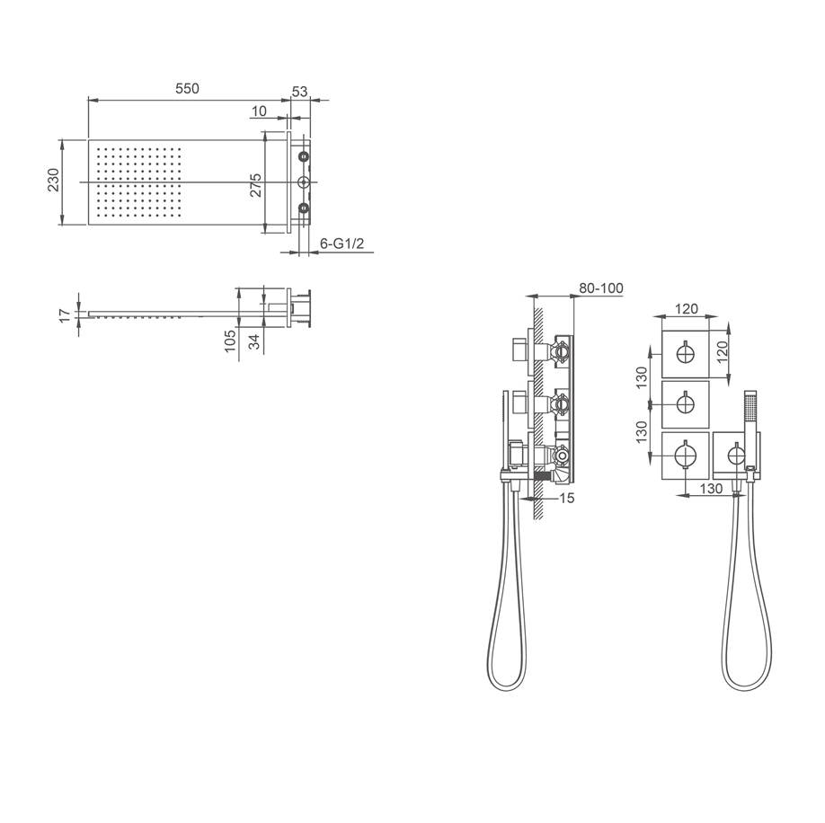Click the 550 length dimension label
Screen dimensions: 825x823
tap(187, 88)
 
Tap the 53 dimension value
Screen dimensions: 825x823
tap(299, 92)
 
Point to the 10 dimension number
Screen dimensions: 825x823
tap(259, 111)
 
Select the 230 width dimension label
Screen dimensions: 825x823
tap(54, 180)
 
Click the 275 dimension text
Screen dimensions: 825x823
tap(256, 184)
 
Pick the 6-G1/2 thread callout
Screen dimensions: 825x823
tap(342, 243)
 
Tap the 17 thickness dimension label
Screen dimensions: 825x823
tap(64, 315)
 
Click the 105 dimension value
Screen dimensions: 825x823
tap(230, 341)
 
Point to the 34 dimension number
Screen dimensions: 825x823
tap(254, 341)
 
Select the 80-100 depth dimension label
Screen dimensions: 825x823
tap(601, 288)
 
